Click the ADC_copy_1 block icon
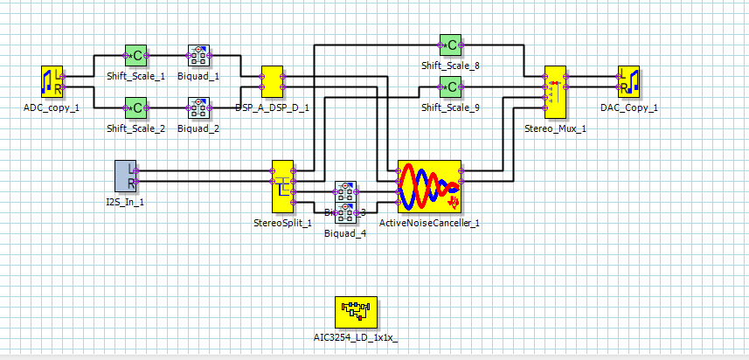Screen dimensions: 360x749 (52, 82)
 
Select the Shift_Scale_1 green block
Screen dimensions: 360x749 (135, 56)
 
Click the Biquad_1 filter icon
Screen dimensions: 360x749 (198, 56)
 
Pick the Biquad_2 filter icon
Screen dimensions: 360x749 (198, 108)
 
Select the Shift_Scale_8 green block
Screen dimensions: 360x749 (450, 45)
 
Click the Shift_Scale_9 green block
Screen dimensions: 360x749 (450, 87)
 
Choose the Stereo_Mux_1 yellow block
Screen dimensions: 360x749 (555, 92)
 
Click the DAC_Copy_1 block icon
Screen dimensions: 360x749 (629, 82)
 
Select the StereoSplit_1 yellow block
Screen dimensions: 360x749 (282, 186)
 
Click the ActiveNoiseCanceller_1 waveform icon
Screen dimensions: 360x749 (429, 186)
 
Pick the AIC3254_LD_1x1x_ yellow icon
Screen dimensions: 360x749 (355, 311)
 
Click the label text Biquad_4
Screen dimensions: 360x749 (345, 233)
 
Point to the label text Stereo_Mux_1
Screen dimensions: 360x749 (555, 128)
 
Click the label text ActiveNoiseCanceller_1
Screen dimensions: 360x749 (429, 223)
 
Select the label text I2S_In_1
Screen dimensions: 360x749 (126, 202)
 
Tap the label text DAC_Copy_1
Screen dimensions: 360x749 (629, 107)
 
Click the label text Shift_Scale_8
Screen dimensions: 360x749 (450, 66)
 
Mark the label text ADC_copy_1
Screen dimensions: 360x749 (52, 107)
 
